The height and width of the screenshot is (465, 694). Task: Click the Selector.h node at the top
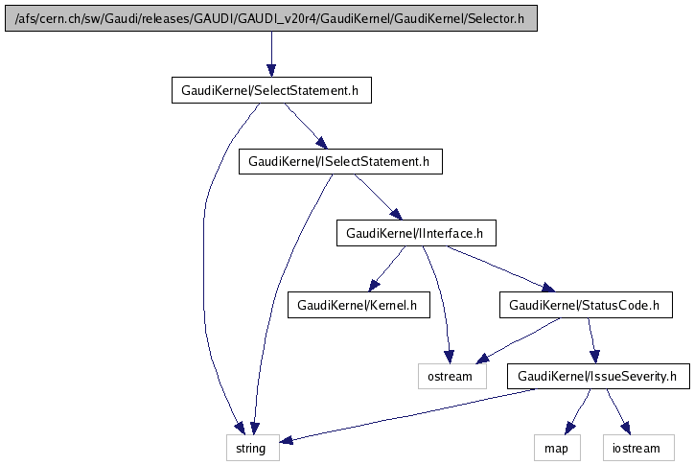point(270,18)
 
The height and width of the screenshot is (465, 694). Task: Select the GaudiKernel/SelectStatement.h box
point(270,90)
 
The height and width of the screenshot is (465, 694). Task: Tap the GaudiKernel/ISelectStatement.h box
point(340,162)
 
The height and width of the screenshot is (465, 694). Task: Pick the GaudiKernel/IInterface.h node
point(415,232)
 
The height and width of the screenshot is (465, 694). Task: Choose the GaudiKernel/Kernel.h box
point(359,305)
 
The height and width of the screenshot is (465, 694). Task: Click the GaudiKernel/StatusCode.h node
point(585,305)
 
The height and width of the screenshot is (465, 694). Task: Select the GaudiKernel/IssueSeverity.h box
point(598,376)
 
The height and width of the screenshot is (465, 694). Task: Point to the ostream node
point(451,376)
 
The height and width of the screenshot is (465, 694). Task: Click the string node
point(253,447)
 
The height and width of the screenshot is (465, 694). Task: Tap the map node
point(556,447)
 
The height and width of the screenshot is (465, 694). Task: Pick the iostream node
point(636,447)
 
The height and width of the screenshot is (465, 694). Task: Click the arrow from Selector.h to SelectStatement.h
point(270,54)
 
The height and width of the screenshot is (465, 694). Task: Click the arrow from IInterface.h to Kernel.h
point(387,268)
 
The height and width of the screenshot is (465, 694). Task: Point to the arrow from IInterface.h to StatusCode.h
point(499,268)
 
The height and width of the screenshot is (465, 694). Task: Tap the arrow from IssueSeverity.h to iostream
point(617,411)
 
